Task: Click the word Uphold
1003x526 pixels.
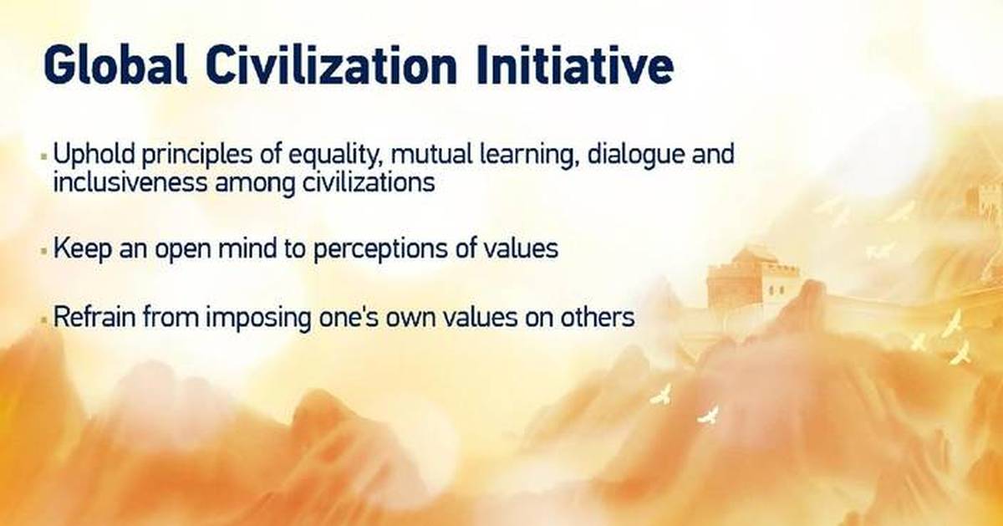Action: pos(89,156)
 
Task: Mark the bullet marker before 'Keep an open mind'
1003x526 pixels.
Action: pos(43,250)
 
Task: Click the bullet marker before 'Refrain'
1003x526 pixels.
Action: pos(43,319)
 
